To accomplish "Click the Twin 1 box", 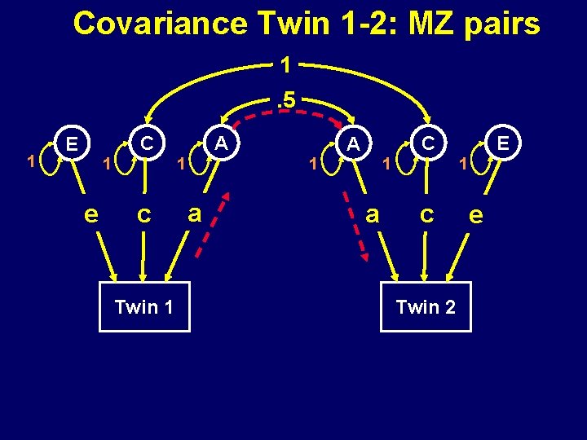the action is point(144,307).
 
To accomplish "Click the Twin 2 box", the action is point(426,307).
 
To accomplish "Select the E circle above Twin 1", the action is point(73,143).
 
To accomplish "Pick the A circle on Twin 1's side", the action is point(219,143).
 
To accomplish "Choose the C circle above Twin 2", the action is point(426,143).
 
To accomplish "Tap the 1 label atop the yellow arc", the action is point(285,64).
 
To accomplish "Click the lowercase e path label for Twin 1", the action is point(93,214).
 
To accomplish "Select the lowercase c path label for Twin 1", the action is point(143,214).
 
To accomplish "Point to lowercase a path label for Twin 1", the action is point(194,213).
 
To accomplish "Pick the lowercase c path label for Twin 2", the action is point(426,214).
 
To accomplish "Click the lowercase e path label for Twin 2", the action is point(477,214).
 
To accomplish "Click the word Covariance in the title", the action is point(160,24).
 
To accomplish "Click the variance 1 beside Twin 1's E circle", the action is point(30,161).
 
